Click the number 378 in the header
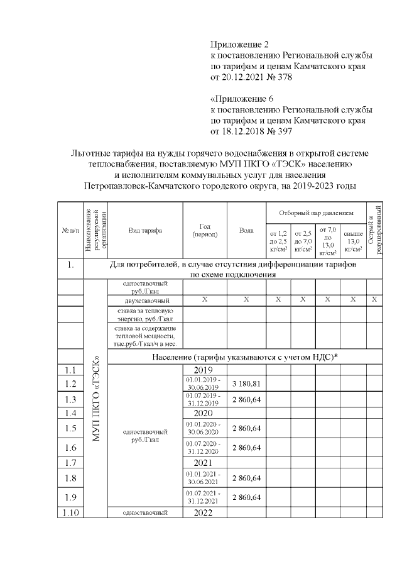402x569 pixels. (284, 77)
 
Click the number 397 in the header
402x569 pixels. (284, 131)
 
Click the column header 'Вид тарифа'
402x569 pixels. (145, 230)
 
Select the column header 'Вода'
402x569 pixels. (246, 230)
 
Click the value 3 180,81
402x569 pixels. (246, 384)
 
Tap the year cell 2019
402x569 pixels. (205, 370)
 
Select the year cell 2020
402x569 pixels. (205, 413)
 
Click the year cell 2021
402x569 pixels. (205, 462)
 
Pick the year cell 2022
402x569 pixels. (205, 512)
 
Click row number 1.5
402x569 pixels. (70, 428)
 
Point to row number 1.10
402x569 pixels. (70, 512)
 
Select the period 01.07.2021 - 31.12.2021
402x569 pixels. (205, 497)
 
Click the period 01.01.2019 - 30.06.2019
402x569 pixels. (205, 384)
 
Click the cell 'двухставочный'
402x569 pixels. (145, 299)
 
